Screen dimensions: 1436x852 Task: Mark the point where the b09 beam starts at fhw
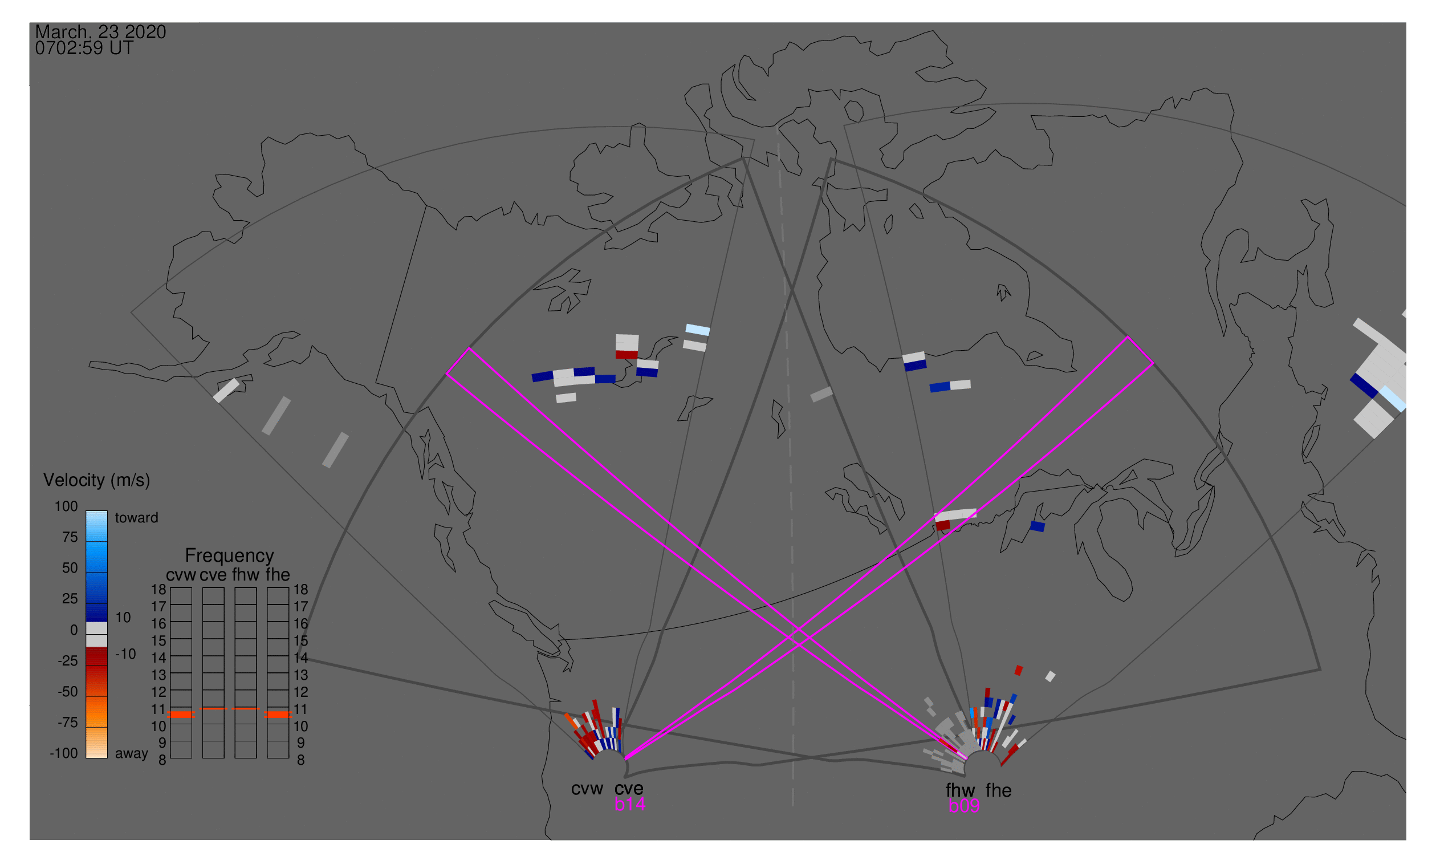pyautogui.click(x=966, y=759)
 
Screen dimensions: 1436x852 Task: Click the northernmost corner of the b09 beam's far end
pyautogui.click(x=470, y=348)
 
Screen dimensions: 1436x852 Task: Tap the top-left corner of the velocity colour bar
pyautogui.click(x=86, y=511)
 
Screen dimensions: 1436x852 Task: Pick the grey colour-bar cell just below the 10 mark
pyautogui.click(x=96, y=641)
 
